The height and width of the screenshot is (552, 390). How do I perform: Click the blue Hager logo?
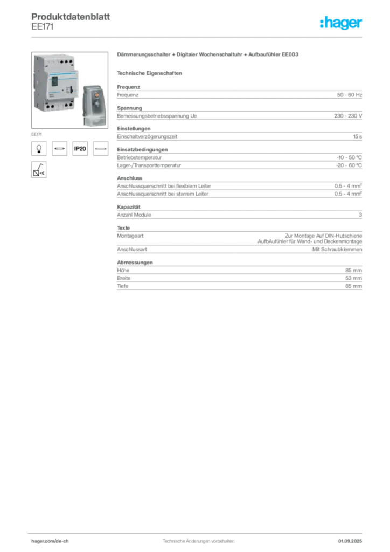click(x=342, y=23)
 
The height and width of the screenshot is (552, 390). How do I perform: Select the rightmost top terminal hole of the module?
click(x=71, y=61)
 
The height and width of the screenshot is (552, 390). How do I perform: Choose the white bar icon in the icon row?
click(x=101, y=148)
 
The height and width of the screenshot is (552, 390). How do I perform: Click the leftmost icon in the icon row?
click(x=38, y=148)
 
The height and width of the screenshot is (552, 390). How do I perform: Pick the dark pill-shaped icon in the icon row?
click(x=59, y=148)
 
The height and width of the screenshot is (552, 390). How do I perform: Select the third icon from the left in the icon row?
click(x=80, y=148)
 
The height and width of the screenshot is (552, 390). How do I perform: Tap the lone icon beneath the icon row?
click(x=38, y=169)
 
